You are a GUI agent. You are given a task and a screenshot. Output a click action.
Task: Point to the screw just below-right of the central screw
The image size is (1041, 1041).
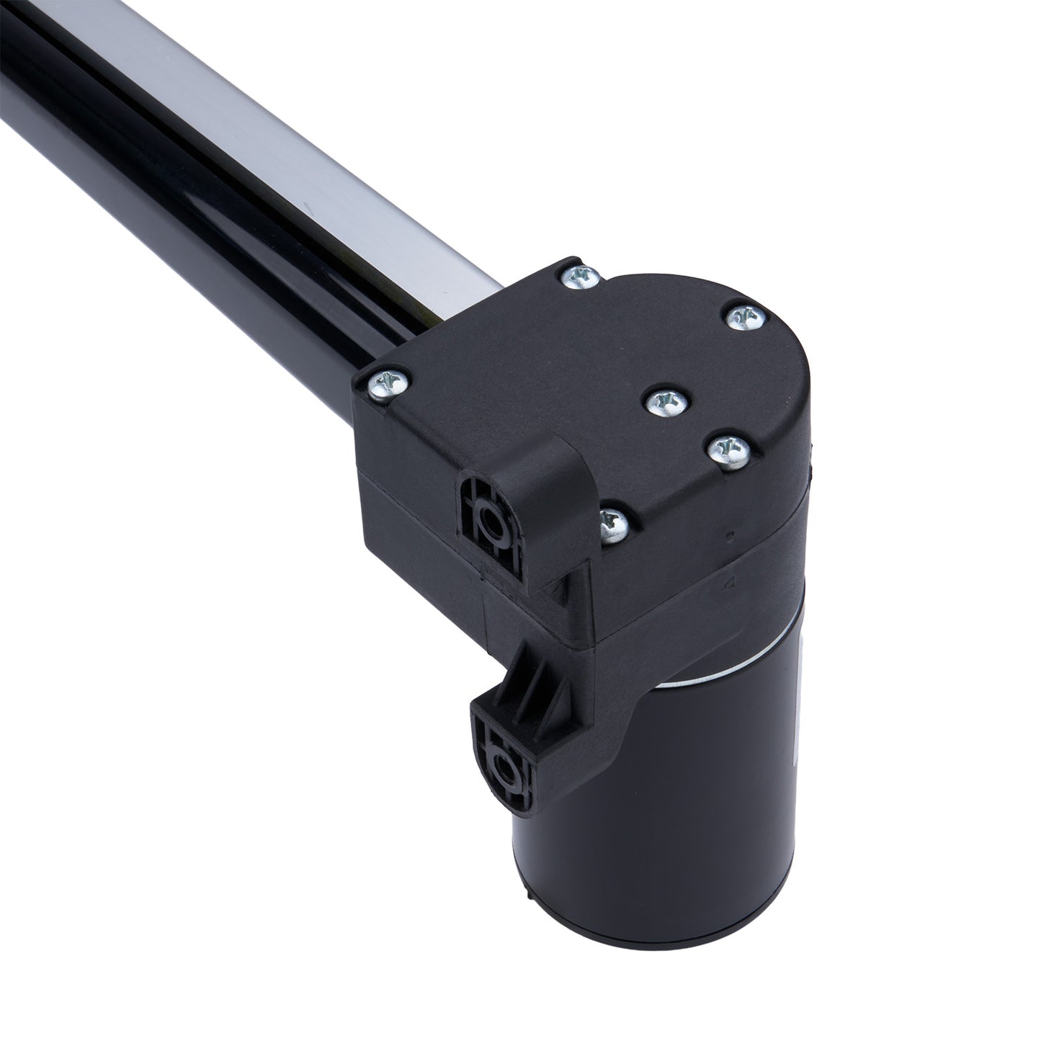coord(729,450)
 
